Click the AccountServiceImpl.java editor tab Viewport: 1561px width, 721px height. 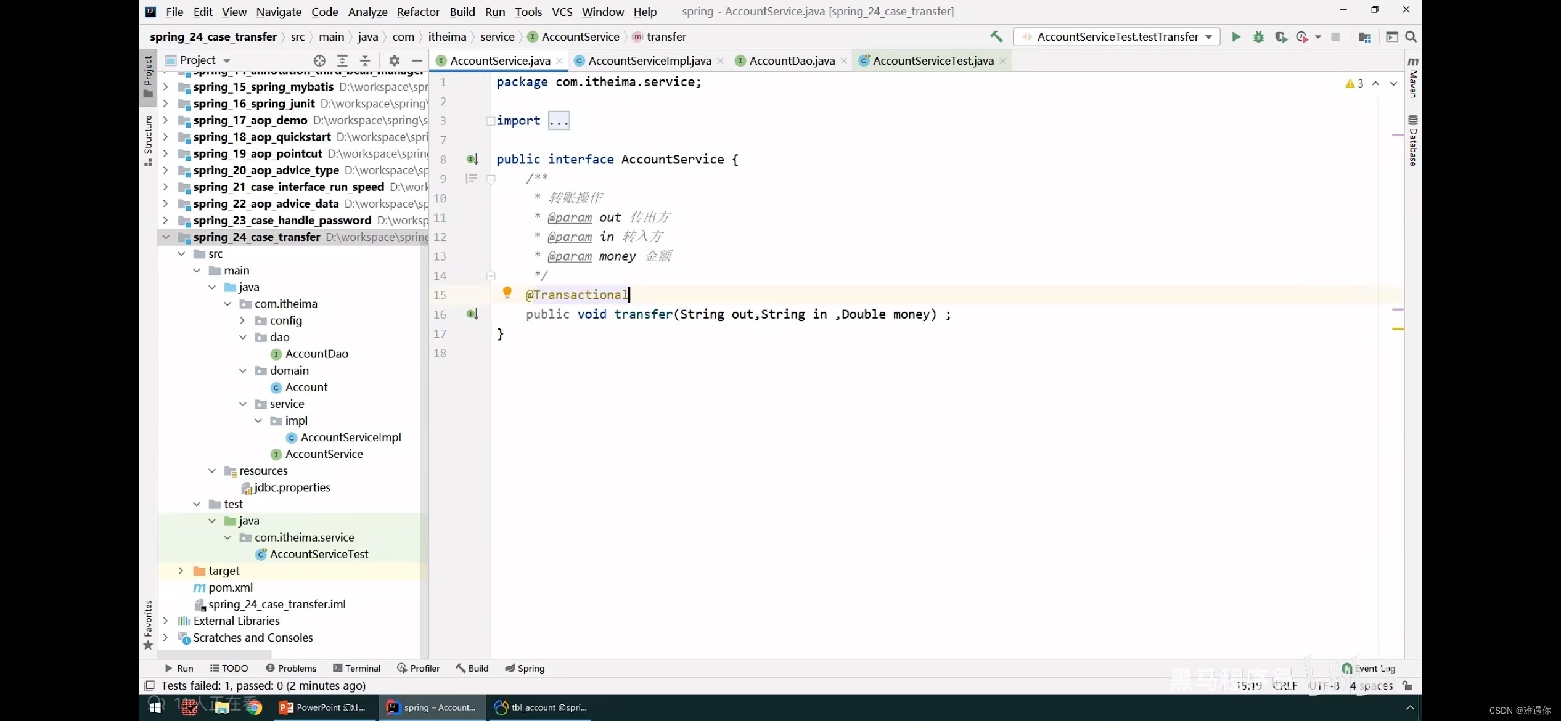[x=649, y=60]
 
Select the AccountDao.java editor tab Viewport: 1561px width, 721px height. [x=792, y=60]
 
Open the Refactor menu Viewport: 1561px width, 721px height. [x=418, y=12]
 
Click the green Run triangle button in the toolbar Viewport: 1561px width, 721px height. [x=1236, y=37]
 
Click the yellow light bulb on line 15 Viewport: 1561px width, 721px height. [x=507, y=293]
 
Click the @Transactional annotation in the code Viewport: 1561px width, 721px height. [x=576, y=295]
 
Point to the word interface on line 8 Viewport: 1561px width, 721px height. [x=581, y=159]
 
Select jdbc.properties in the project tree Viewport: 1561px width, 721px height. [x=292, y=487]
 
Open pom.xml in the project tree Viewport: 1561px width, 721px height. [x=231, y=587]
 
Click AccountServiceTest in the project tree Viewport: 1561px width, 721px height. [x=319, y=554]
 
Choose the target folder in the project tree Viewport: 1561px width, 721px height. [x=223, y=571]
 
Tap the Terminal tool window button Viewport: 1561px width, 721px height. [x=356, y=668]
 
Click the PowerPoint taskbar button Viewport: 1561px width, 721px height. [x=323, y=707]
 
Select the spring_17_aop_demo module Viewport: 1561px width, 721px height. [x=250, y=120]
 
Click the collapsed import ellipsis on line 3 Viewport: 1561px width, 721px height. [x=559, y=121]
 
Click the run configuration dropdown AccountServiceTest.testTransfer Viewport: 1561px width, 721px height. [x=1116, y=37]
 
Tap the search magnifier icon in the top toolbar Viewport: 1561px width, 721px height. [x=1411, y=37]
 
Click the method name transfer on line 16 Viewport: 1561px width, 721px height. [x=643, y=314]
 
